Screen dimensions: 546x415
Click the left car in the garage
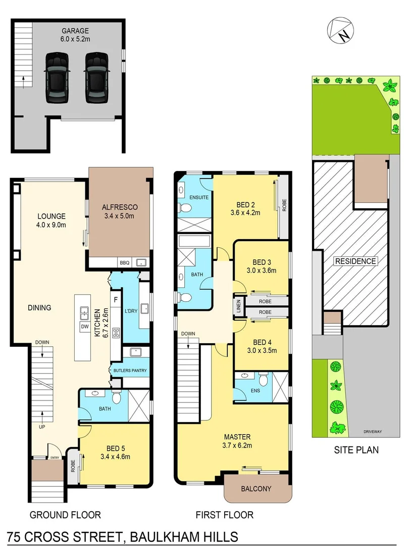[x=57, y=77]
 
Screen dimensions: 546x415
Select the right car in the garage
[x=95, y=77]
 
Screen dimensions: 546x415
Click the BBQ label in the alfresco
[x=124, y=263]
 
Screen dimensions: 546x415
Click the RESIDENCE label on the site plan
[x=355, y=261]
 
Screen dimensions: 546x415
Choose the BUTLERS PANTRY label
[x=130, y=371]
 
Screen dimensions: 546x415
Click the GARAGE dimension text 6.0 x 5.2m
[x=76, y=38]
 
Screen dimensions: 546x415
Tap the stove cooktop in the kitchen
[x=117, y=333]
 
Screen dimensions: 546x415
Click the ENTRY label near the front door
[x=54, y=458]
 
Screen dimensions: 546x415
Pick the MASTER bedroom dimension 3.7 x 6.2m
[x=237, y=445]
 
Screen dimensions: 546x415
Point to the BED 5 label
[x=116, y=448]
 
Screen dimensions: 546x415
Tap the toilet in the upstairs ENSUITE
[x=185, y=208]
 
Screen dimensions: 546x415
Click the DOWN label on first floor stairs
[x=188, y=334]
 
